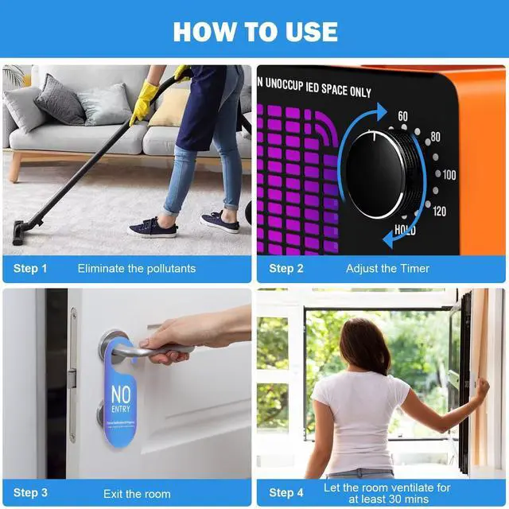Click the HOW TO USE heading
[x=254, y=31]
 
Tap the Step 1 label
[x=30, y=269]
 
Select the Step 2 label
[x=286, y=269]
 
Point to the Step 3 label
[x=30, y=493]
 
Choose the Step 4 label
[x=286, y=492]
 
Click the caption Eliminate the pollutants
[x=136, y=269]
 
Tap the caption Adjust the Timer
[x=388, y=269]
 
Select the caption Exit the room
[x=137, y=493]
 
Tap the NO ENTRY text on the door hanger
[x=121, y=398]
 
